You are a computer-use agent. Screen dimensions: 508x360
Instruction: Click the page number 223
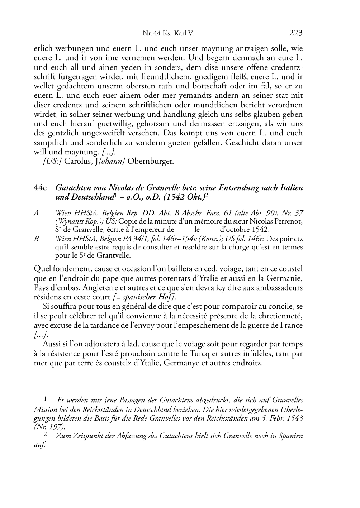296,33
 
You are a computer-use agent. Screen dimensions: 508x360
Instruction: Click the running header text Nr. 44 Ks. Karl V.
168,34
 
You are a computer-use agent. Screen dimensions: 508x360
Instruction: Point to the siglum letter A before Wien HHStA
36,213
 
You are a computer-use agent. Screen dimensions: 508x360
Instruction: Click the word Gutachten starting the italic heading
74,187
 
